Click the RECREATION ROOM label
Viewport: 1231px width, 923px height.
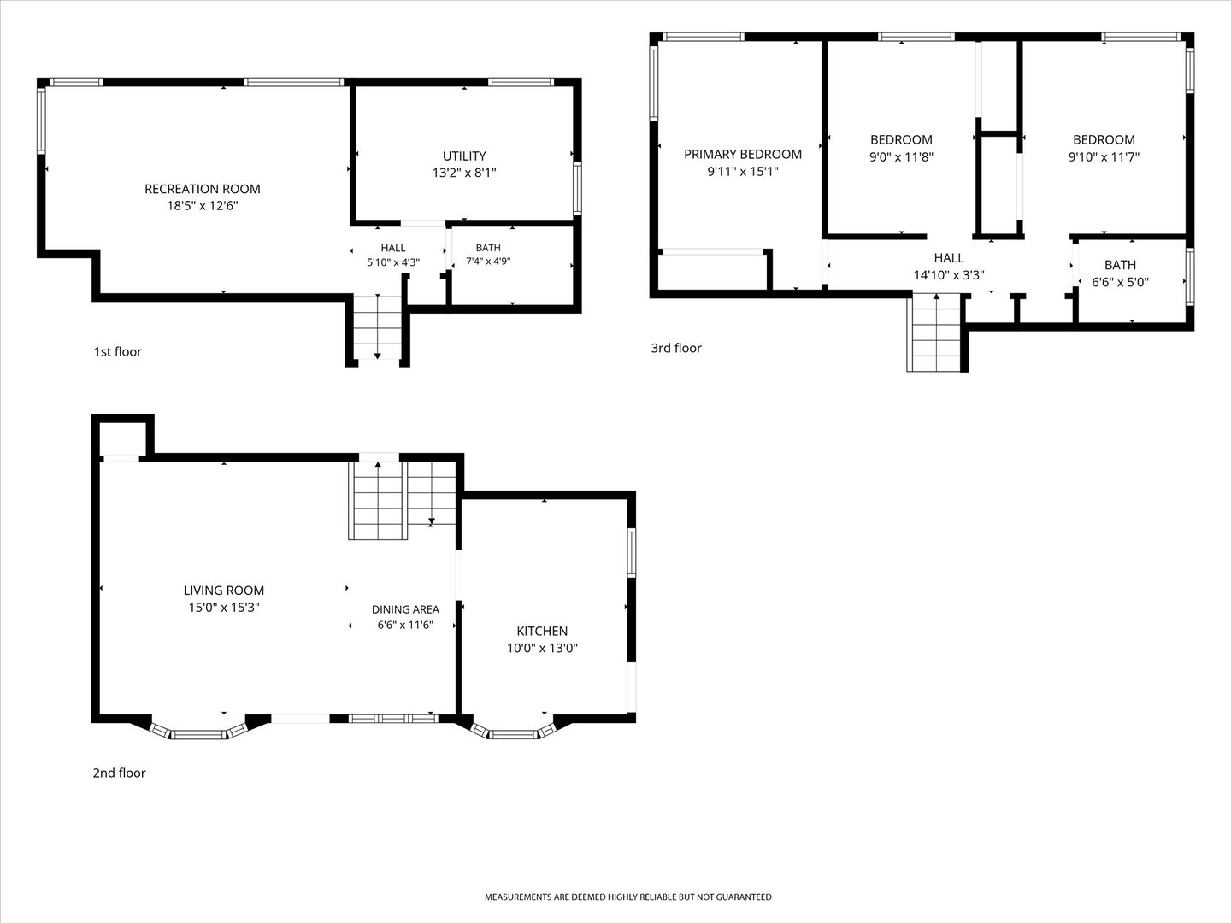[x=203, y=189]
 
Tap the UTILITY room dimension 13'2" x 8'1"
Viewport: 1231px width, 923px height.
[x=464, y=173]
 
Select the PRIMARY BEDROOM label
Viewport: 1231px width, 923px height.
[x=743, y=154]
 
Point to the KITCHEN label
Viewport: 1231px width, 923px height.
[x=542, y=631]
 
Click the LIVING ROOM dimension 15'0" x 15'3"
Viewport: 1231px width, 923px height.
[x=224, y=607]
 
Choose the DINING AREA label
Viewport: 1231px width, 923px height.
[x=405, y=609]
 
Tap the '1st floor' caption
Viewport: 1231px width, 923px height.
[x=118, y=351]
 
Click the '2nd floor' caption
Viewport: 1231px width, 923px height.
[x=119, y=773]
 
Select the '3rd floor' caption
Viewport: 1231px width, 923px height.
[x=676, y=348]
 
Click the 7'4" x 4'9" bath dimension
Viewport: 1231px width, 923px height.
[x=488, y=262]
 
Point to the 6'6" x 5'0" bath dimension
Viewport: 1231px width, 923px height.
[x=1120, y=282]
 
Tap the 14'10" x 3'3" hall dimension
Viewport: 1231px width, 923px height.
[x=949, y=275]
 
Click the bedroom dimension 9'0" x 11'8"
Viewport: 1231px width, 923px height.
[x=901, y=157]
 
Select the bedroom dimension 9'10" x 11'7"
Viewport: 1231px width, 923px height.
[x=1104, y=157]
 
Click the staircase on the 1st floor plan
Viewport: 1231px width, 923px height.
[x=378, y=327]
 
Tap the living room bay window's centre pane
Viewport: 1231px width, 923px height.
[x=198, y=735]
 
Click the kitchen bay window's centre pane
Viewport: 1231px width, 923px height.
[x=514, y=735]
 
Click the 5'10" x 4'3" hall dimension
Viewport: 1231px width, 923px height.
[x=393, y=262]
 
